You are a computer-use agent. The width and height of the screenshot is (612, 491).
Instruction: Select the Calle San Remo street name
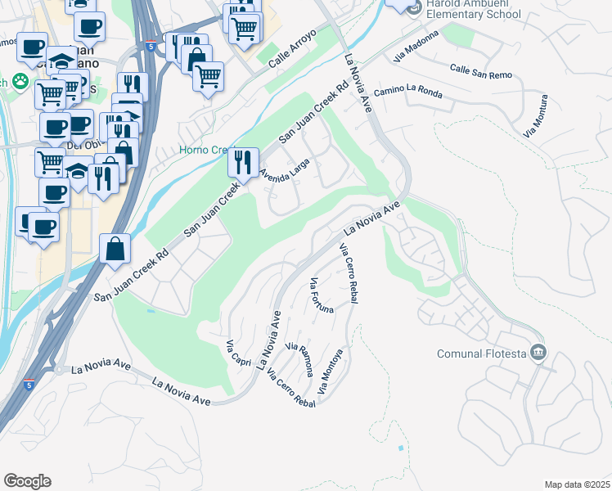(480, 71)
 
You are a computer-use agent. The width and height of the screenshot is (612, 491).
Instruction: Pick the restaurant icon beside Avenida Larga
(243, 162)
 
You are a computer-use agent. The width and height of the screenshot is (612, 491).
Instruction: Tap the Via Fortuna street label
(322, 295)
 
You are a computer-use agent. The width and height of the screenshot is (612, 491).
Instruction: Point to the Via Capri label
(239, 351)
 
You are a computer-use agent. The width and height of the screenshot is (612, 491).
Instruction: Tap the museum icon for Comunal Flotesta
(538, 353)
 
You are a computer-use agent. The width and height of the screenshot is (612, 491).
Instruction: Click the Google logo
(27, 481)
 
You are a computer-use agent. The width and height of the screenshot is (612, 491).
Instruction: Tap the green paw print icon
(19, 82)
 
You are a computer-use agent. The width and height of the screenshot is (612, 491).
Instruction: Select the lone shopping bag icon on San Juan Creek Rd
(115, 248)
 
